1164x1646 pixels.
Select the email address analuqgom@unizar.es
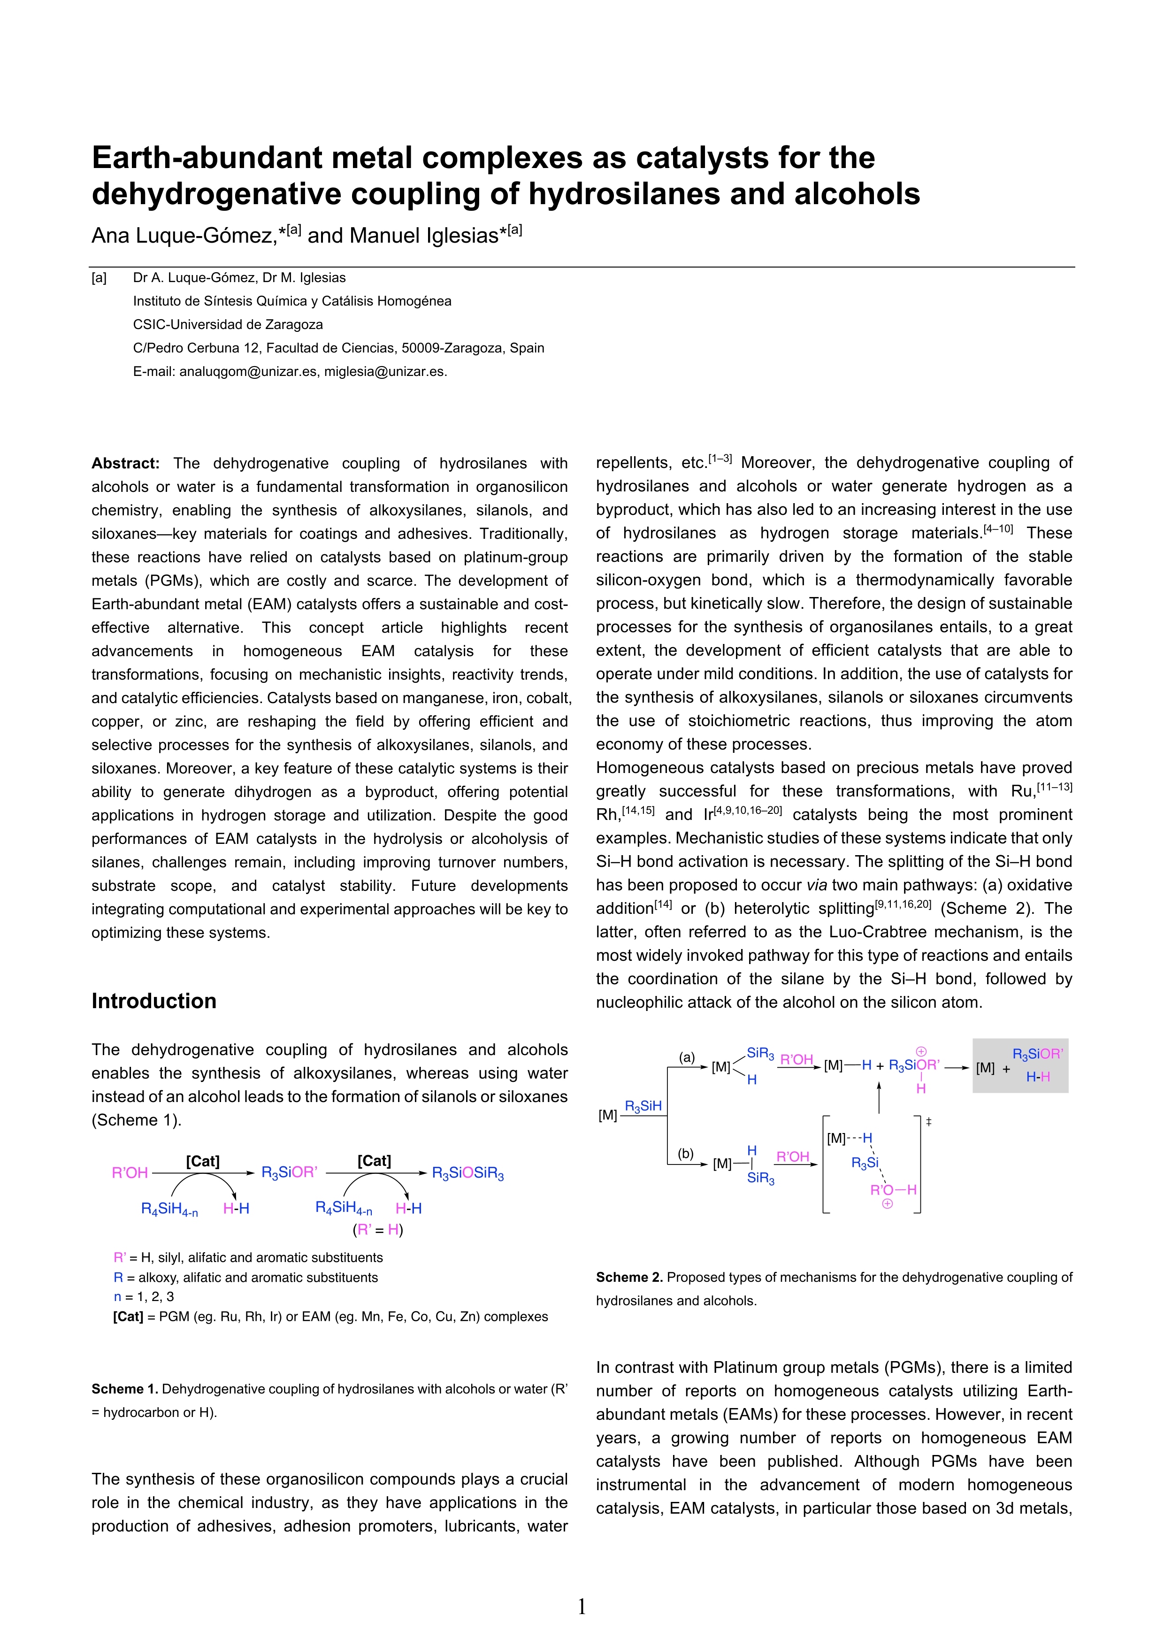[247, 371]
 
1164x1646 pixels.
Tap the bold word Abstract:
[125, 463]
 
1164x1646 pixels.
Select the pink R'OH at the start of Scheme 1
[130, 1173]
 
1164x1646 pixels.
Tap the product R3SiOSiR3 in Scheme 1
[467, 1173]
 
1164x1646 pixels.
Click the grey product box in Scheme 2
[1020, 1065]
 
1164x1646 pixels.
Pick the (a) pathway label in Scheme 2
[687, 1057]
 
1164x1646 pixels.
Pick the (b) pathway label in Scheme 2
[686, 1154]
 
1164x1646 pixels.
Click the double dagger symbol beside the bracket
[928, 1121]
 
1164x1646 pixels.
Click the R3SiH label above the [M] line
[643, 1106]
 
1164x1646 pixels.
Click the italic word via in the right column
[816, 885]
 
